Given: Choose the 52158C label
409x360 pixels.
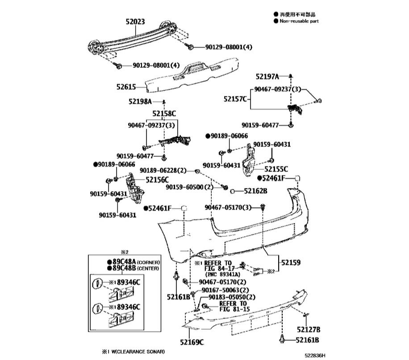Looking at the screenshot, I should [x=164, y=113].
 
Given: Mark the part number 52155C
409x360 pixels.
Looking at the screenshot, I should [x=276, y=169].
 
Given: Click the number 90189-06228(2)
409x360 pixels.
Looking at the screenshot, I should [x=163, y=170].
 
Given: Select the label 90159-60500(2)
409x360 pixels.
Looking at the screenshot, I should [x=190, y=187].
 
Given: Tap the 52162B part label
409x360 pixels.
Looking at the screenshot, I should [x=255, y=191].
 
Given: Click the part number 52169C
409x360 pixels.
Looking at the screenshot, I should [x=192, y=343].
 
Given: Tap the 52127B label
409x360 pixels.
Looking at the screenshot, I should [x=308, y=330].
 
